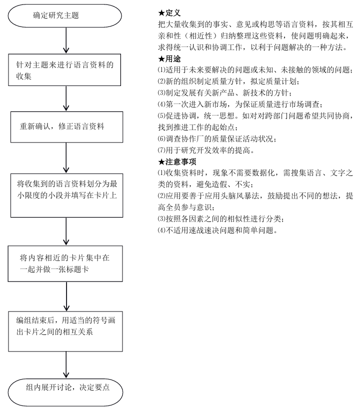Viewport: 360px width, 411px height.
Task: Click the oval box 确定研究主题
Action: click(65, 15)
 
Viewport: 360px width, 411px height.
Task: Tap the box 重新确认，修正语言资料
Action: click(65, 127)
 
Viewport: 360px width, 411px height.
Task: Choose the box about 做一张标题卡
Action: click(65, 263)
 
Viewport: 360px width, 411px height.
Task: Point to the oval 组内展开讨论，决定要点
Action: click(65, 388)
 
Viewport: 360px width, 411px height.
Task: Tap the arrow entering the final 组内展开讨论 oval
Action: click(65, 364)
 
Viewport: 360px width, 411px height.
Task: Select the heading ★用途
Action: click(168, 58)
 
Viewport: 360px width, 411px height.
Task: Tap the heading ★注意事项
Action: click(176, 161)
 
